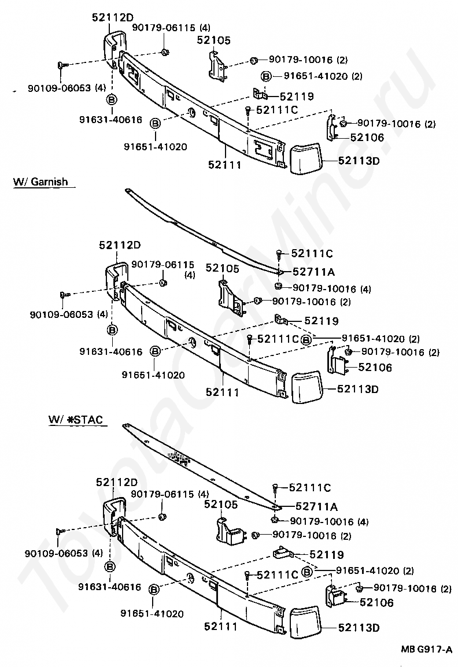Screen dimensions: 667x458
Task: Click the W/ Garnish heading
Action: tap(40, 182)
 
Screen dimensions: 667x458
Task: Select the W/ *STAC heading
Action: tap(76, 420)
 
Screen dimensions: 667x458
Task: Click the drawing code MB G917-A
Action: tap(427, 650)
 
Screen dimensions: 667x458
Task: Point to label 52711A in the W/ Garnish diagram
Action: tap(314, 271)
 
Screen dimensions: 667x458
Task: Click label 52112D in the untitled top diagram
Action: tap(116, 18)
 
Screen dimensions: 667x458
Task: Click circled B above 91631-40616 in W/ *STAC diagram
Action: tap(110, 566)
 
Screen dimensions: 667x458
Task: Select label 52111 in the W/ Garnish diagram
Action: tap(222, 392)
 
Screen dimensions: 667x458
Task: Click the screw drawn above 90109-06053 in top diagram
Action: tap(62, 66)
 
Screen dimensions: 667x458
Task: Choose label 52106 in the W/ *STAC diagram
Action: tap(376, 603)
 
